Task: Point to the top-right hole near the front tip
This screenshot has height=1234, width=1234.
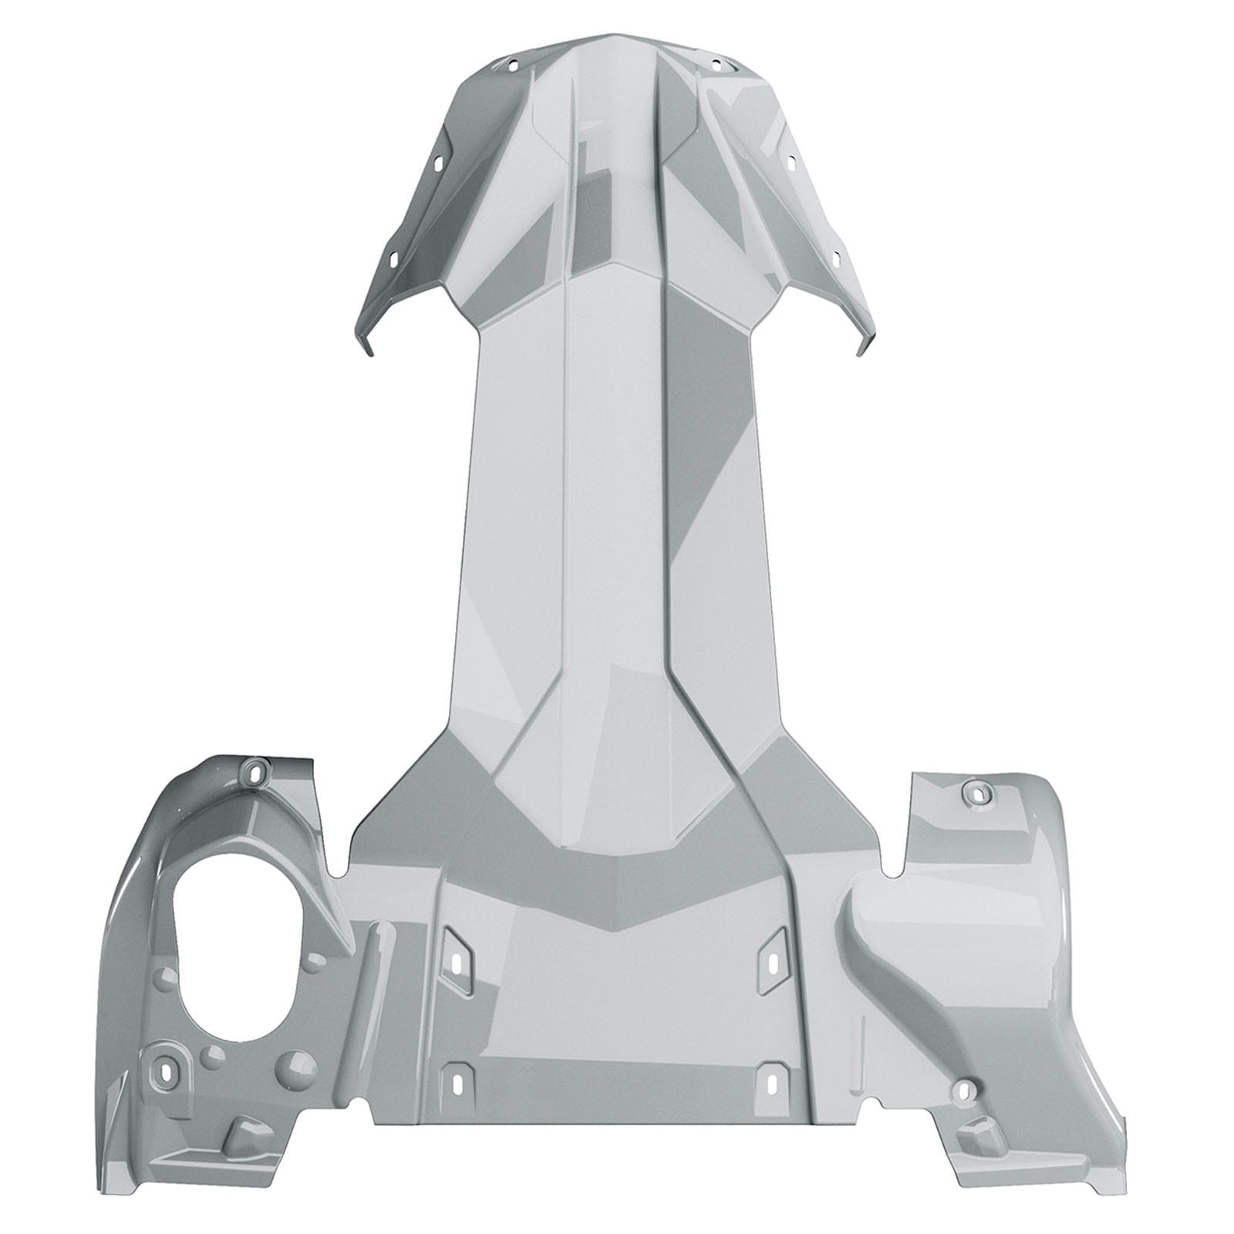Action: (x=716, y=64)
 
